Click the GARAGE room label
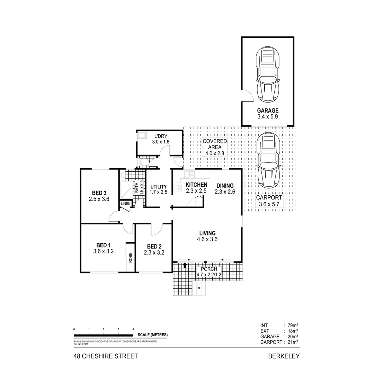[268, 111]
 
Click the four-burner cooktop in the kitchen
[178, 188]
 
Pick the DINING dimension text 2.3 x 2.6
[225, 192]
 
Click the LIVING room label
[207, 233]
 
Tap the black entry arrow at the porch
[185, 266]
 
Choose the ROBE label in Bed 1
[131, 258]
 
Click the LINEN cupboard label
[125, 204]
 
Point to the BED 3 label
[99, 193]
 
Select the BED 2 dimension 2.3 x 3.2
[154, 253]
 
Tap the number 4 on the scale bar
[133, 329]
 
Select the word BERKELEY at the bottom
[284, 356]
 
